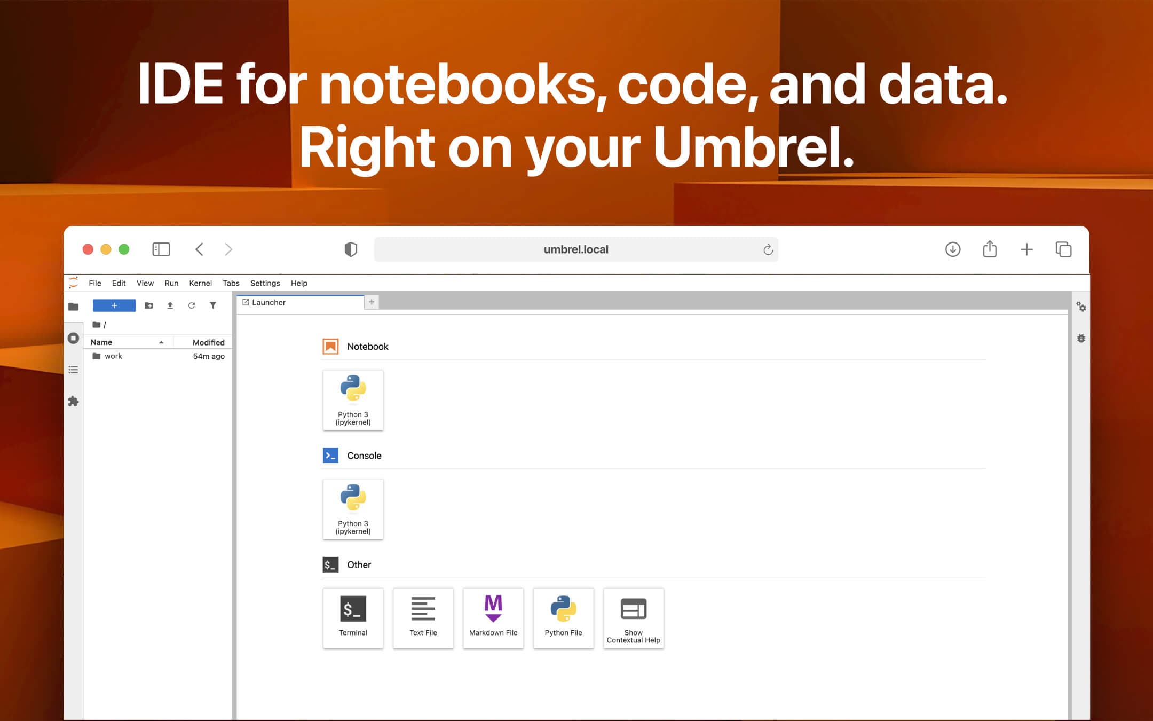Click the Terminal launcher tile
tap(353, 618)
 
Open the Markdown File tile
tap(493, 618)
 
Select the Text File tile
tap(423, 618)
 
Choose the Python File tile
tap(563, 618)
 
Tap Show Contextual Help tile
tap(633, 618)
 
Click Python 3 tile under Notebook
tap(353, 400)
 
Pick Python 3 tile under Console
tap(353, 509)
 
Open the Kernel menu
tap(200, 283)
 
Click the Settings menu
tap(265, 283)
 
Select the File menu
tap(95, 283)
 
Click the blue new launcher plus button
tap(114, 305)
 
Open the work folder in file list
tap(113, 356)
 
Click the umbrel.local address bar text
tap(576, 249)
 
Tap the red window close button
tap(88, 249)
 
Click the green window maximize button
tap(124, 249)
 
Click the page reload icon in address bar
tap(768, 249)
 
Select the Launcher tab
tap(269, 302)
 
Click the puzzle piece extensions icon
tap(73, 401)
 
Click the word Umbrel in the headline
tap(753, 147)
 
